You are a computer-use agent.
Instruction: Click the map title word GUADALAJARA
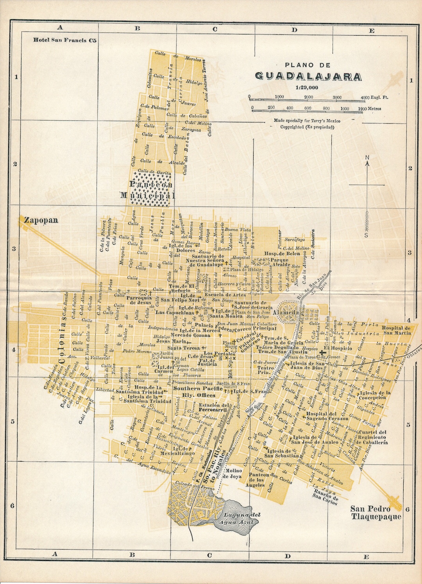pyautogui.click(x=308, y=76)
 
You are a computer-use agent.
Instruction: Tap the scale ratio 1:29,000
pyautogui.click(x=307, y=88)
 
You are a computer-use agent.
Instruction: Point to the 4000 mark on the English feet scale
pyautogui.click(x=365, y=97)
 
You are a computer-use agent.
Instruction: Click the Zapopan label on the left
pyautogui.click(x=41, y=220)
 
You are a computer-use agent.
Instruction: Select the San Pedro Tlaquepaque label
pyautogui.click(x=376, y=512)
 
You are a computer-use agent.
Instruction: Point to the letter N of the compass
pyautogui.click(x=367, y=158)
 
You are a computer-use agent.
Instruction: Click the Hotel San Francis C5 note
pyautogui.click(x=65, y=40)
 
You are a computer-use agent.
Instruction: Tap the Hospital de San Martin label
pyautogui.click(x=396, y=331)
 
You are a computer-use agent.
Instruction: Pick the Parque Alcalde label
pyautogui.click(x=280, y=262)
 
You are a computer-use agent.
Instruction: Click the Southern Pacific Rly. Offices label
pyautogui.click(x=198, y=392)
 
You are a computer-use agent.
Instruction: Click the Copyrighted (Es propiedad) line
pyautogui.click(x=307, y=127)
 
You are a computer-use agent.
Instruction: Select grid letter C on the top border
pyautogui.click(x=215, y=29)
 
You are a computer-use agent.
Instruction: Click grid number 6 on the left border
pyautogui.click(x=12, y=505)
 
